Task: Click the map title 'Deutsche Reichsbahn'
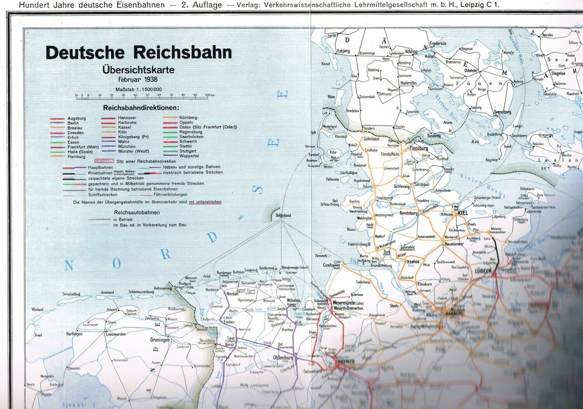pos(139,52)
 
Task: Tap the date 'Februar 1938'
pos(138,79)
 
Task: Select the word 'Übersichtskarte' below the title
pos(138,70)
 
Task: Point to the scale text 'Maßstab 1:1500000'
pos(138,89)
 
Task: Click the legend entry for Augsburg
pos(77,118)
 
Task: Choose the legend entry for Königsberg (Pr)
pos(133,137)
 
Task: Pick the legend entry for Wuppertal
pos(189,156)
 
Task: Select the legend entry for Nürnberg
pos(188,117)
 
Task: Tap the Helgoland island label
pos(283,215)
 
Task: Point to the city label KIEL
pos(463,213)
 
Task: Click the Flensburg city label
pos(419,148)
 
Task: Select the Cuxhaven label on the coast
pos(332,265)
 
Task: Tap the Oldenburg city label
pos(283,358)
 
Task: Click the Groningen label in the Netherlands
pos(160,340)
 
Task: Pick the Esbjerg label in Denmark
pos(343,51)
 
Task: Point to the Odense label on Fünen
pos(470,70)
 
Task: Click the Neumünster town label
pos(454,244)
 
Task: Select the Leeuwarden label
pos(116,334)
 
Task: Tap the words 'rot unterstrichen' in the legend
pos(205,202)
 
